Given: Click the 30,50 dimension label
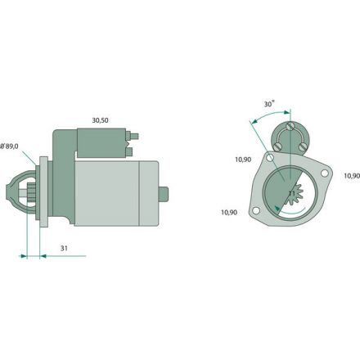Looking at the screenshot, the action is pos(100,120).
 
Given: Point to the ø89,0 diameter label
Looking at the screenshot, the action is pos(9,146).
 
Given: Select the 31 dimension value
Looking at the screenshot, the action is pos(64,248).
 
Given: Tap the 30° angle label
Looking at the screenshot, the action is pos(269,104).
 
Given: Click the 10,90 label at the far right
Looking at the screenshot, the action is pos(352,176).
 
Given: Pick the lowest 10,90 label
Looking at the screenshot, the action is pos(229,212).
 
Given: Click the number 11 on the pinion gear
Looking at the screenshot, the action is pos(292,193).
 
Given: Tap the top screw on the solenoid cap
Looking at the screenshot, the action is pos(290,126).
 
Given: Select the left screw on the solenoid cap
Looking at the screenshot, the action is pos(277,147).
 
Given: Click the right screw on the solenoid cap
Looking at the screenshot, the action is pos(303,147).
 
